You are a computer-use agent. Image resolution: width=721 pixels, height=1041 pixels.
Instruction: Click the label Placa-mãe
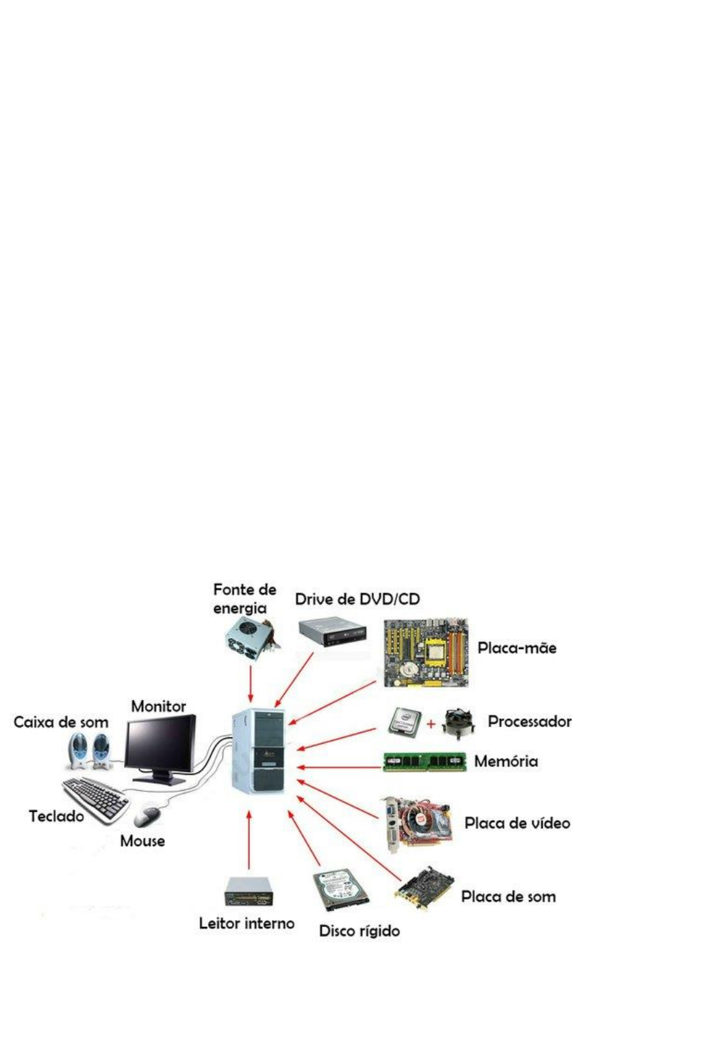[x=516, y=648]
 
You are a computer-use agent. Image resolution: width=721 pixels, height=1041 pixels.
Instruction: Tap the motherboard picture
[x=425, y=654]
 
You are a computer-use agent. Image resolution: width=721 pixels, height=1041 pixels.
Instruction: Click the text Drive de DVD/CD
[x=357, y=600]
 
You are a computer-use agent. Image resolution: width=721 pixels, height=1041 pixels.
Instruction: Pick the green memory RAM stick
[x=425, y=761]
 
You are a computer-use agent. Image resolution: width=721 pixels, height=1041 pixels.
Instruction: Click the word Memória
[x=506, y=761]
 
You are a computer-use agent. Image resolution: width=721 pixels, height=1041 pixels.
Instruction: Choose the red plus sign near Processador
[x=431, y=723]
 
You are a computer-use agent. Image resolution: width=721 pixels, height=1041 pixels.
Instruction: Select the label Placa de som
[x=508, y=897]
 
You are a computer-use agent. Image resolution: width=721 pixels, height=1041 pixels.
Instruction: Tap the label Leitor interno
[x=246, y=923]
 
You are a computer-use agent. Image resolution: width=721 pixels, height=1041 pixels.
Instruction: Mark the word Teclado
[x=56, y=816]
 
